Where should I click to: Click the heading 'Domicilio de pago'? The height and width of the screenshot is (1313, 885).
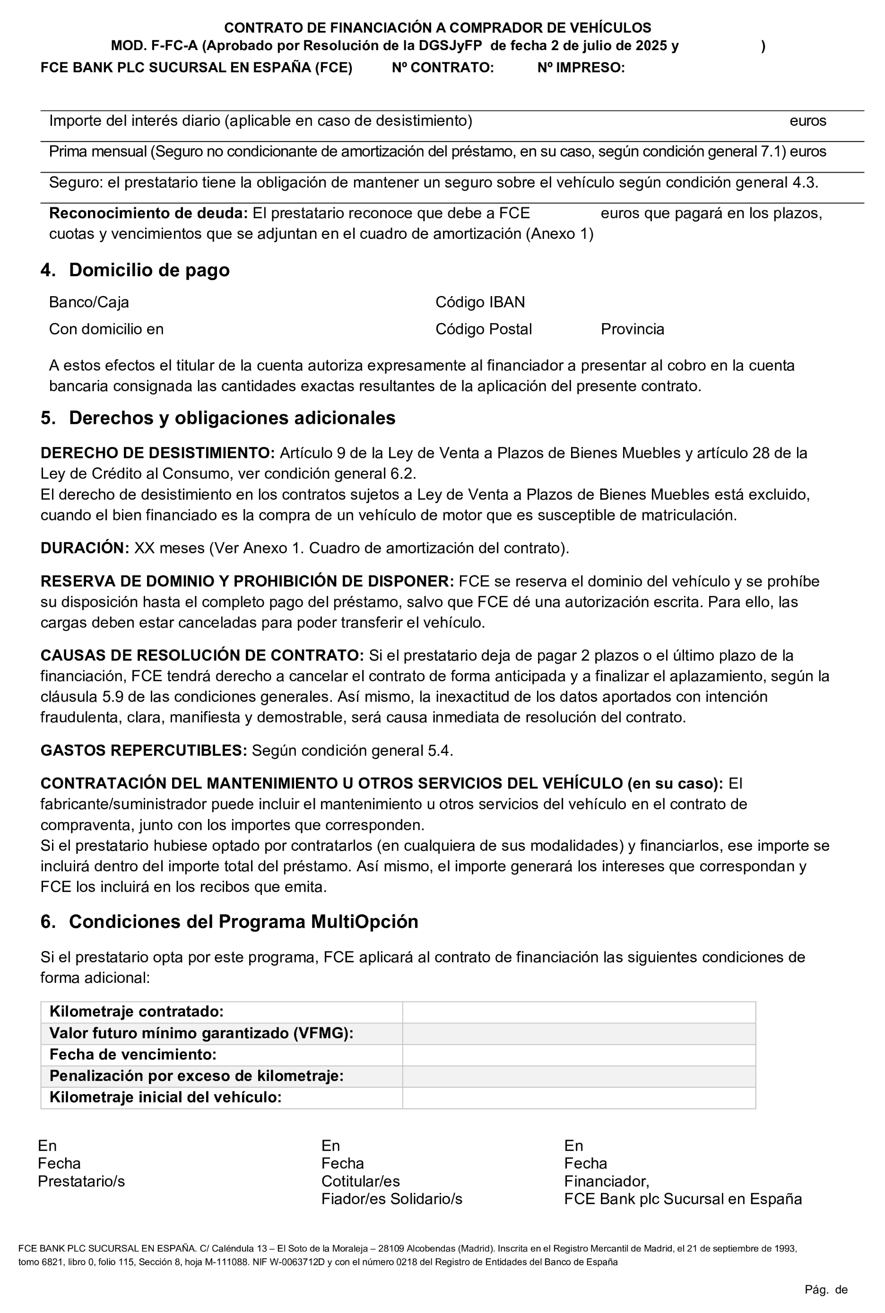click(149, 270)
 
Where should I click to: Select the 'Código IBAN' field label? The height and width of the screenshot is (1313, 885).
click(480, 302)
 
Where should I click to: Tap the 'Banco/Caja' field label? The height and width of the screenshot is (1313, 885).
click(88, 302)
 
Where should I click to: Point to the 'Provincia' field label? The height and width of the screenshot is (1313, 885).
click(632, 329)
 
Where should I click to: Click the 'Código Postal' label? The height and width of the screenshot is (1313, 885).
click(483, 329)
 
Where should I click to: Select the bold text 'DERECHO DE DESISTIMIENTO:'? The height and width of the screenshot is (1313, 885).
click(157, 453)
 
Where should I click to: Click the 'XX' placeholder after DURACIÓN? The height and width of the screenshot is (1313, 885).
click(143, 548)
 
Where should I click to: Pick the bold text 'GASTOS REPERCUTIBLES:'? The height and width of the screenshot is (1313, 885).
click(143, 751)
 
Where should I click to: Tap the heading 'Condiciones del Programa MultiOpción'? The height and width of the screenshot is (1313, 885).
click(243, 922)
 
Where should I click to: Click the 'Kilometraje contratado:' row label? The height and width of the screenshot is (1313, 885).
click(137, 1011)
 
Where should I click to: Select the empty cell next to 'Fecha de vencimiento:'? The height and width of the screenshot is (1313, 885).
click(579, 1054)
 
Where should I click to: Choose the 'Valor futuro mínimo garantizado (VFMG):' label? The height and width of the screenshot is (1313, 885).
click(201, 1033)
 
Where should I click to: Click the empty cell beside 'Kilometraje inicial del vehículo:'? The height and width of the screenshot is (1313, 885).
click(579, 1097)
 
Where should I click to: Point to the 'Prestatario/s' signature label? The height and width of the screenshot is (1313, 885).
click(81, 1182)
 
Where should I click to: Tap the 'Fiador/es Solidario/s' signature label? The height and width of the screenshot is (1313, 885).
click(392, 1199)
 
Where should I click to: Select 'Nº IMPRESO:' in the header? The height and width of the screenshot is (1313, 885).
click(581, 68)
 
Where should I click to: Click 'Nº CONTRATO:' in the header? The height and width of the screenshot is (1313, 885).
click(442, 68)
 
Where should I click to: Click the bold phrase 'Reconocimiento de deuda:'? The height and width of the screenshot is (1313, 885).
click(148, 213)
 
